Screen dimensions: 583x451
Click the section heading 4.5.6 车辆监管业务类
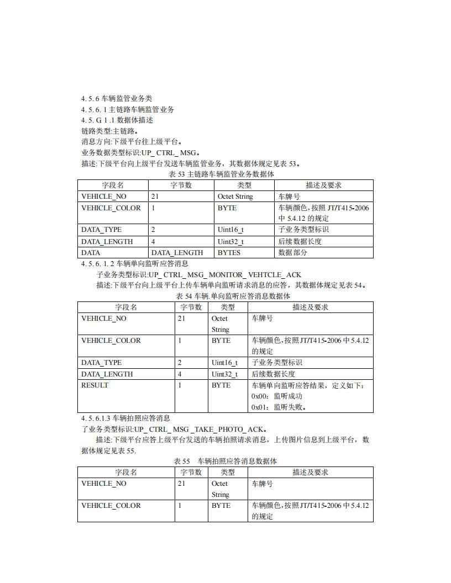(x=116, y=98)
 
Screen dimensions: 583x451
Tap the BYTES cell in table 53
(x=229, y=252)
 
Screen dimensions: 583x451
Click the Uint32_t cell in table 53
(x=230, y=241)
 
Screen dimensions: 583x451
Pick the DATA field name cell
(x=91, y=252)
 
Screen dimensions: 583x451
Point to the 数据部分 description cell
(x=293, y=252)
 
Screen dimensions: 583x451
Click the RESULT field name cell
(x=95, y=385)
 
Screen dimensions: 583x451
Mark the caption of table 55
(x=225, y=461)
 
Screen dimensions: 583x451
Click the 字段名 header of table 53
(x=113, y=185)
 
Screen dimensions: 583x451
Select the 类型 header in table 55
(x=227, y=472)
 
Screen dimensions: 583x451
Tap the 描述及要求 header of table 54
(x=310, y=307)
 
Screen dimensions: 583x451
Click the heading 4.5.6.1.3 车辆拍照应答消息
(x=125, y=418)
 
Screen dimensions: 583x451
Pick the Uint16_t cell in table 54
(x=224, y=363)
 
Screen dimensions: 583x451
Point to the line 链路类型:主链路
(x=109, y=131)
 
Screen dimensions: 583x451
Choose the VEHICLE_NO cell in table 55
(x=103, y=484)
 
